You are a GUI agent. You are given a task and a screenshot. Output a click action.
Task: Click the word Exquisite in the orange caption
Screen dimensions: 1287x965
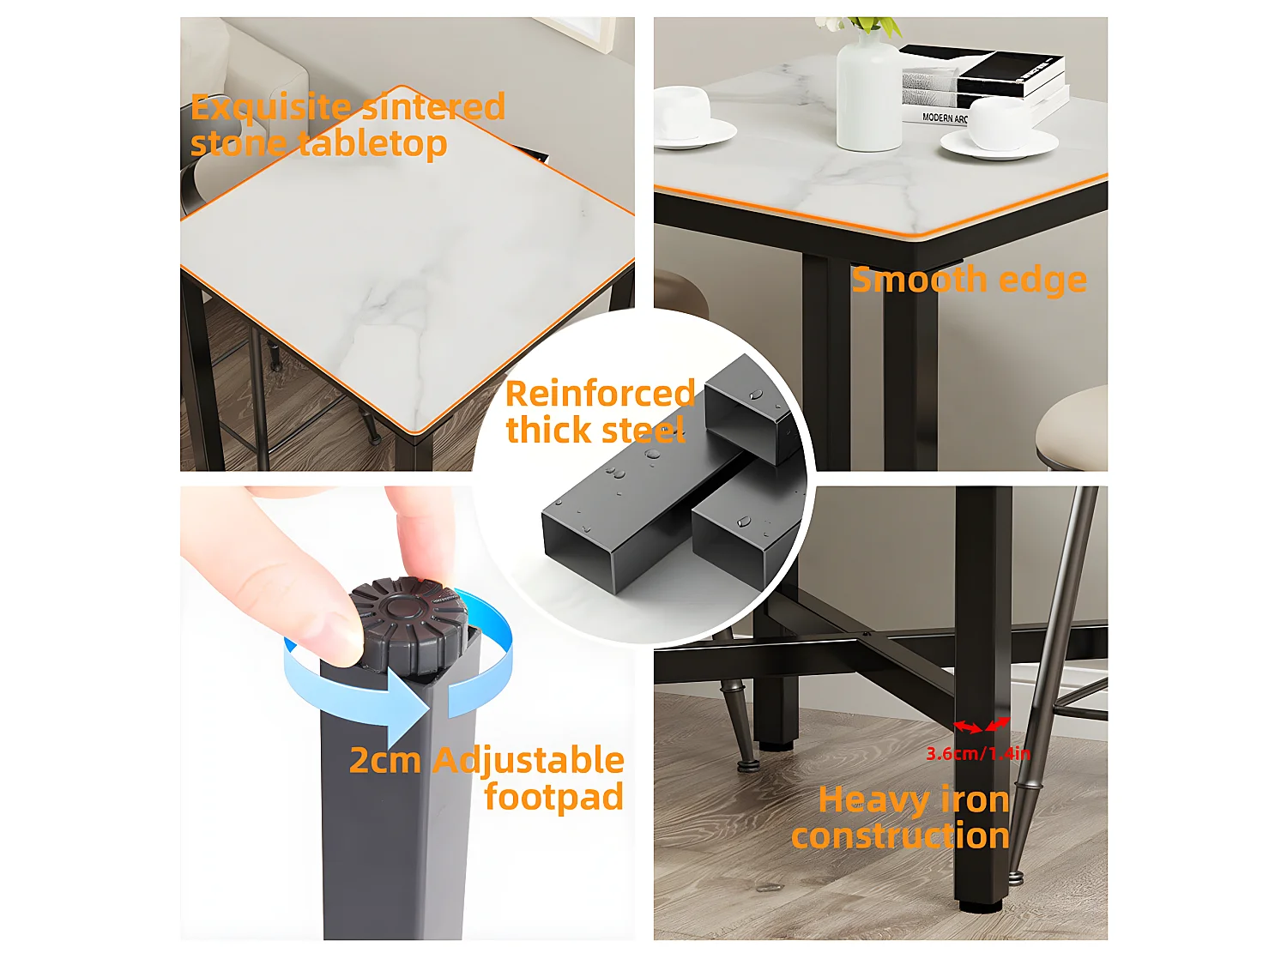click(x=271, y=108)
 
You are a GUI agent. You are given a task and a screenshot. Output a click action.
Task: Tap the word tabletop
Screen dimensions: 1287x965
click(x=372, y=144)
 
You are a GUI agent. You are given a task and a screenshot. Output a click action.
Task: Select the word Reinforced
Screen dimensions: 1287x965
click(x=601, y=393)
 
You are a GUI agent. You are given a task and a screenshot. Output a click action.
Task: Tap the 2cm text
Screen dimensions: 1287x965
click(x=385, y=761)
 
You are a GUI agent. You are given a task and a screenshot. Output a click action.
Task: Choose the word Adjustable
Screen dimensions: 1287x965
click(x=529, y=762)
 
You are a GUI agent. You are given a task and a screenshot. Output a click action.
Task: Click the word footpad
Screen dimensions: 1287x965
click(x=554, y=797)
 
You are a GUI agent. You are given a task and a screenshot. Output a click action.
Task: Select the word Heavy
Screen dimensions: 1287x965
click(x=872, y=801)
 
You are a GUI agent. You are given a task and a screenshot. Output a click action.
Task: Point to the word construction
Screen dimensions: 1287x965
click(x=900, y=835)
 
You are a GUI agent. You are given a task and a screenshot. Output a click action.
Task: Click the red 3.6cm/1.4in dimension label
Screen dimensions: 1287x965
click(x=977, y=753)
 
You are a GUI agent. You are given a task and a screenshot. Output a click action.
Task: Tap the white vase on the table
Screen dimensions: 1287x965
click(x=868, y=91)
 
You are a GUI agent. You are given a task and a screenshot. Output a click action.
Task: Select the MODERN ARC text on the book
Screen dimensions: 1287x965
click(x=945, y=118)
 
